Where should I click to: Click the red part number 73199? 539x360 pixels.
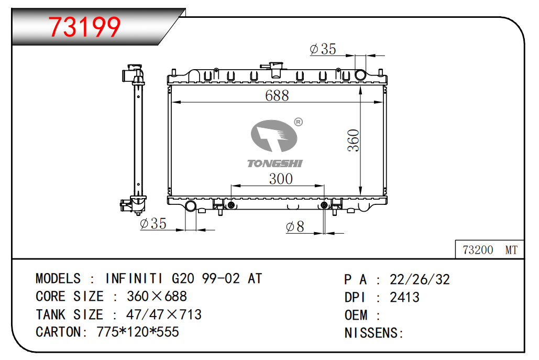84,27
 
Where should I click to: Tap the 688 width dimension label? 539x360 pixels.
277,95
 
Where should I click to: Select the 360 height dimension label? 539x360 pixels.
354,140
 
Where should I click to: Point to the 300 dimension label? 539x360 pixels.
281,179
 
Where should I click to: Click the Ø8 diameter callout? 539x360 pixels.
295,226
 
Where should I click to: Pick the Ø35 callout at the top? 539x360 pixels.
323,49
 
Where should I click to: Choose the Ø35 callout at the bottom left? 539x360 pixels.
153,224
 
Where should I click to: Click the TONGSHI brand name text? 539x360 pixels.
274,163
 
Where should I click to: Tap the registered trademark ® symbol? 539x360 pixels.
299,122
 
